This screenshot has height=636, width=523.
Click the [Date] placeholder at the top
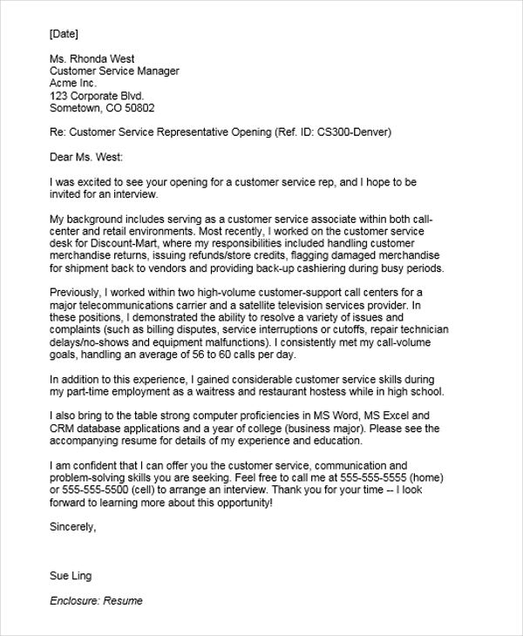click(x=65, y=34)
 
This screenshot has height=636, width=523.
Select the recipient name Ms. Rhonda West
click(x=92, y=59)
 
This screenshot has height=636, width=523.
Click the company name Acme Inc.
click(x=77, y=84)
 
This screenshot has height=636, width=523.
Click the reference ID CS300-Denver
click(x=355, y=133)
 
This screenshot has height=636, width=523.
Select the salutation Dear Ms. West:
click(x=87, y=158)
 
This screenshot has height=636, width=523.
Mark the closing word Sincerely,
click(x=73, y=527)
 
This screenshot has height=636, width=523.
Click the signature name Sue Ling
click(x=71, y=576)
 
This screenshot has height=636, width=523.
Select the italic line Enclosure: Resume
click(x=96, y=601)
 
